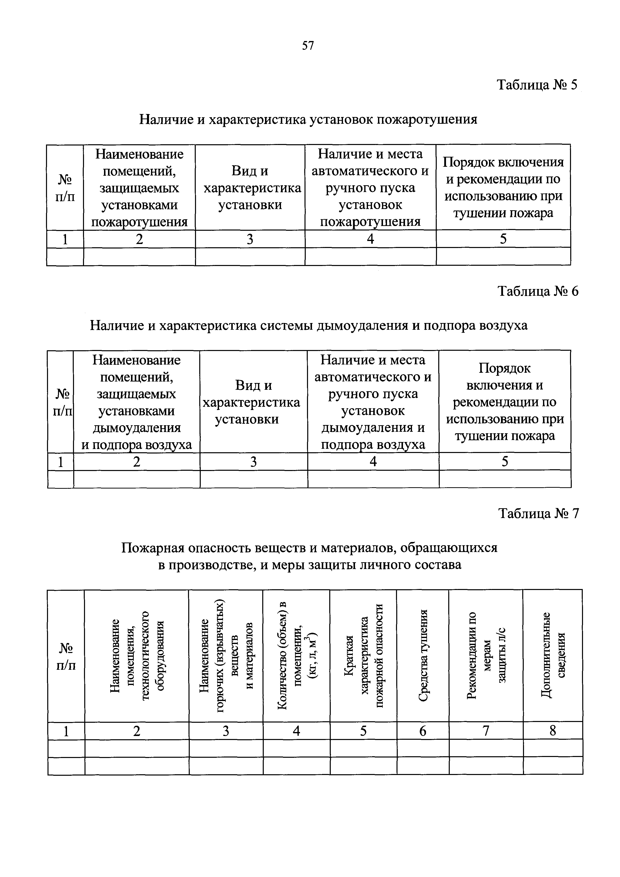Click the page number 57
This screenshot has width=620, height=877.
[x=307, y=46]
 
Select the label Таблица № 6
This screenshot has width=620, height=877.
[x=538, y=291]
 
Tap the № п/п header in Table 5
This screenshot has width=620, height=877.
[x=65, y=187]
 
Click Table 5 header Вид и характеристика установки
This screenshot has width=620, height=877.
[x=250, y=187]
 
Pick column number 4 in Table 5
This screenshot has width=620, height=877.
[x=370, y=239]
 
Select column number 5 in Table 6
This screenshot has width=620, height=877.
[x=505, y=462]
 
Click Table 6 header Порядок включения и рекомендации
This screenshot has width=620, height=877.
[x=505, y=402]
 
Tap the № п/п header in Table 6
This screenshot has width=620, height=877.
[x=61, y=402]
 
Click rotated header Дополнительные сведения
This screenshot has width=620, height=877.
[x=552, y=655]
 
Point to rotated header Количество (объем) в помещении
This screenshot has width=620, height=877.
[x=296, y=655]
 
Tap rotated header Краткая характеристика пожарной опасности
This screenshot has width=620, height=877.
[x=363, y=655]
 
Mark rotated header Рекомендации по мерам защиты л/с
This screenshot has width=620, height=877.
[x=486, y=655]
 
